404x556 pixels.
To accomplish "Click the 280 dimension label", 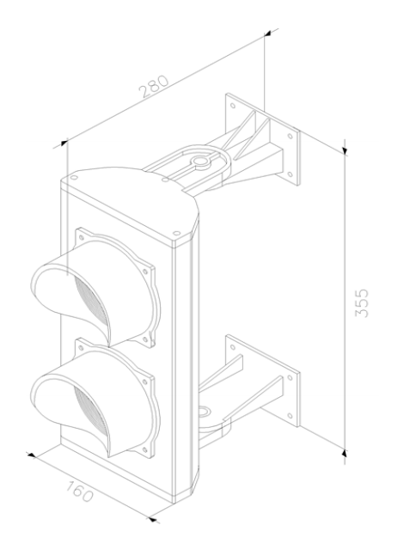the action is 154,86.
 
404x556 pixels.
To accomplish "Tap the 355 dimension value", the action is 362,303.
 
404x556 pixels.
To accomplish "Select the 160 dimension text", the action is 79,491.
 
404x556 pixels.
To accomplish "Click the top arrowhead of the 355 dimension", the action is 345,150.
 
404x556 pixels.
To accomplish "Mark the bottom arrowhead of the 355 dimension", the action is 345,453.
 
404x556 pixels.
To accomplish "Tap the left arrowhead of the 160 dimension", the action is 31,455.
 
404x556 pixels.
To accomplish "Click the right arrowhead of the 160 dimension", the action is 152,519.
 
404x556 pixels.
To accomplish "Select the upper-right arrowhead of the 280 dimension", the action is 267,34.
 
